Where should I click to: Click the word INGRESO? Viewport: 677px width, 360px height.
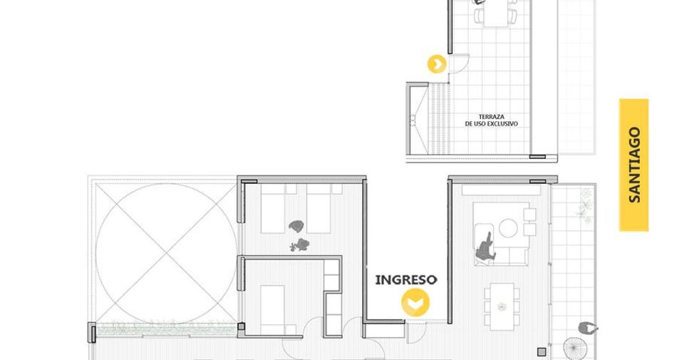pyautogui.click(x=406, y=279)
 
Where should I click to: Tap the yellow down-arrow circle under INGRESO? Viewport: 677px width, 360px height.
pyautogui.click(x=415, y=302)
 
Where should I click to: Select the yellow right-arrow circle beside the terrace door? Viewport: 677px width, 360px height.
pyautogui.click(x=437, y=64)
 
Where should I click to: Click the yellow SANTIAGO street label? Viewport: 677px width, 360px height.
pyautogui.click(x=634, y=165)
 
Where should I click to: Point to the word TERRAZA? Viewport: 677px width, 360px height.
pyautogui.click(x=491, y=116)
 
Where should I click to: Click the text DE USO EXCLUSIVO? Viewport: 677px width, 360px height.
pyautogui.click(x=491, y=123)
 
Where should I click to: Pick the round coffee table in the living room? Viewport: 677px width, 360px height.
pyautogui.click(x=508, y=228)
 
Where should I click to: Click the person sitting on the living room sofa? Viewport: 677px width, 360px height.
pyautogui.click(x=486, y=247)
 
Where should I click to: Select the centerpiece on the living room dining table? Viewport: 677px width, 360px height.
pyautogui.click(x=501, y=307)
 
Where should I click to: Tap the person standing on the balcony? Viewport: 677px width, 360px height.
pyautogui.click(x=588, y=329)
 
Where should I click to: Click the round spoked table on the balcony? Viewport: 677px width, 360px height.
pyautogui.click(x=574, y=347)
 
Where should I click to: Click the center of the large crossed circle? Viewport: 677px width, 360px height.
pyautogui.click(x=166, y=253)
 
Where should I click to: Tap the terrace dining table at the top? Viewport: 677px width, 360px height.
pyautogui.click(x=496, y=14)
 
